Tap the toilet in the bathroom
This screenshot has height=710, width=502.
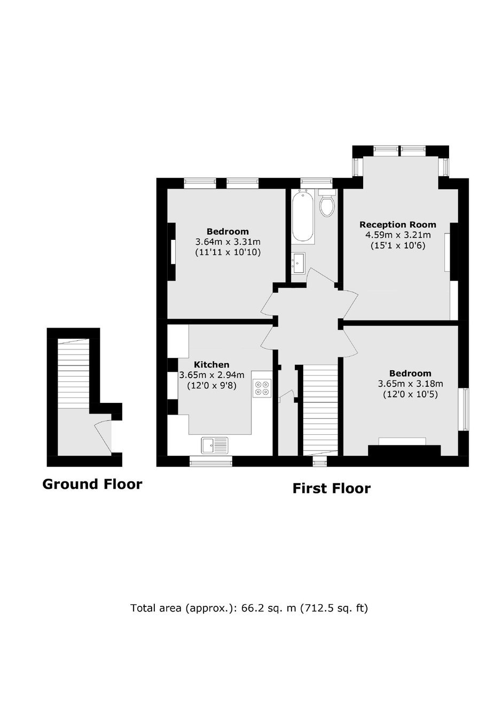(327, 203)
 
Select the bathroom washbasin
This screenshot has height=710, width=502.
(298, 263)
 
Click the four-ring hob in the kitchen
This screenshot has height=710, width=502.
(262, 388)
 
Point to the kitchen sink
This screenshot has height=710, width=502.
(215, 445)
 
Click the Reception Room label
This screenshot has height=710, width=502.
(398, 225)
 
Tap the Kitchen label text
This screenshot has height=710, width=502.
(211, 364)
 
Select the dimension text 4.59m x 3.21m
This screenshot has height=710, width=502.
(398, 235)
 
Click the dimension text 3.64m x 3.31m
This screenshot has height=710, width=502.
(228, 242)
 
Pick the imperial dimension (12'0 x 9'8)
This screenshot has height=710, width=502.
(211, 386)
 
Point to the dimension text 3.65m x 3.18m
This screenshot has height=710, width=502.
(410, 384)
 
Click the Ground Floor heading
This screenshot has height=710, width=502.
(92, 485)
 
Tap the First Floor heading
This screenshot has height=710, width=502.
(331, 488)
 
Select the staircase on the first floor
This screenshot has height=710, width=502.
(320, 410)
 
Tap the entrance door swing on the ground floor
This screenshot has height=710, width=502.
(104, 435)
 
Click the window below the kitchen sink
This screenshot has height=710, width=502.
(211, 461)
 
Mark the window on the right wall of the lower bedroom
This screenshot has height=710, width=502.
(464, 409)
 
